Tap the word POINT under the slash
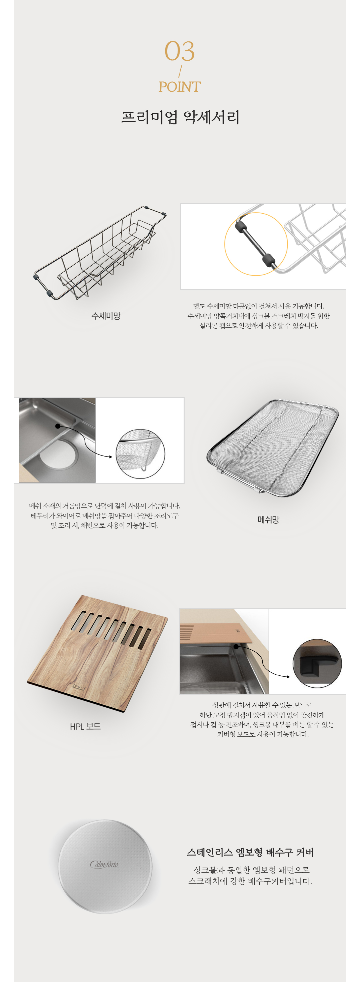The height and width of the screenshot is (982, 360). [180, 87]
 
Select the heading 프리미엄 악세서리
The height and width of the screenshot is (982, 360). [180, 117]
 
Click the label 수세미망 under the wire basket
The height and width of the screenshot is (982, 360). [106, 316]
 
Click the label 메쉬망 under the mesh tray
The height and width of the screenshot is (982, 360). [268, 520]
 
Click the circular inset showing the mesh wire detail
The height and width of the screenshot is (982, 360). [140, 454]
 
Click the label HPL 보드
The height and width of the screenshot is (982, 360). [85, 727]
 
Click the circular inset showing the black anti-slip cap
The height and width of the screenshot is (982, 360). [317, 664]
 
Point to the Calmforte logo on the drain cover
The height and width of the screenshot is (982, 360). [104, 864]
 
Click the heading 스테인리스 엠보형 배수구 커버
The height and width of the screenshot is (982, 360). [250, 852]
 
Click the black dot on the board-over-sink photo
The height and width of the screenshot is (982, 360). [236, 647]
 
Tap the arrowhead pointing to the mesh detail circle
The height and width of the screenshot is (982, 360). [111, 457]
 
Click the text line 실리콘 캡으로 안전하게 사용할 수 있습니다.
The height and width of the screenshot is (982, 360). [259, 326]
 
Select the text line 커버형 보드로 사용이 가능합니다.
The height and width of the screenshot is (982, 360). [263, 734]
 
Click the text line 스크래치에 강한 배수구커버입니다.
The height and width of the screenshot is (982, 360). [250, 881]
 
